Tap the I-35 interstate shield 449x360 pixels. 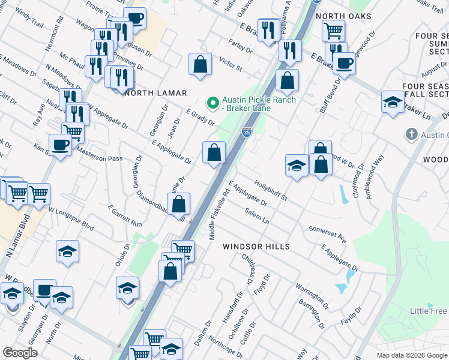pos(247,132)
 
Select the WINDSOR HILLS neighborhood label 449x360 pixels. pos(256,247)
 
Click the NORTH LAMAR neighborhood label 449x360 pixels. pos(155,93)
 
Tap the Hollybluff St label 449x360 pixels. pos(271,188)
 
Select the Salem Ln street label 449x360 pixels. pos(257,216)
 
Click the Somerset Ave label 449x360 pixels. pos(327,234)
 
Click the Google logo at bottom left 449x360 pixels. pos(20,353)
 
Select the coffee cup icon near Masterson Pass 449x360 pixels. pos(60,146)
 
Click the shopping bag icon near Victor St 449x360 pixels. pos(200,64)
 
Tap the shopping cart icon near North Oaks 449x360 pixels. pos(333,30)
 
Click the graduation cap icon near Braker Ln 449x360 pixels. pos(392,101)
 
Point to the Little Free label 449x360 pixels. pos(428,311)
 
